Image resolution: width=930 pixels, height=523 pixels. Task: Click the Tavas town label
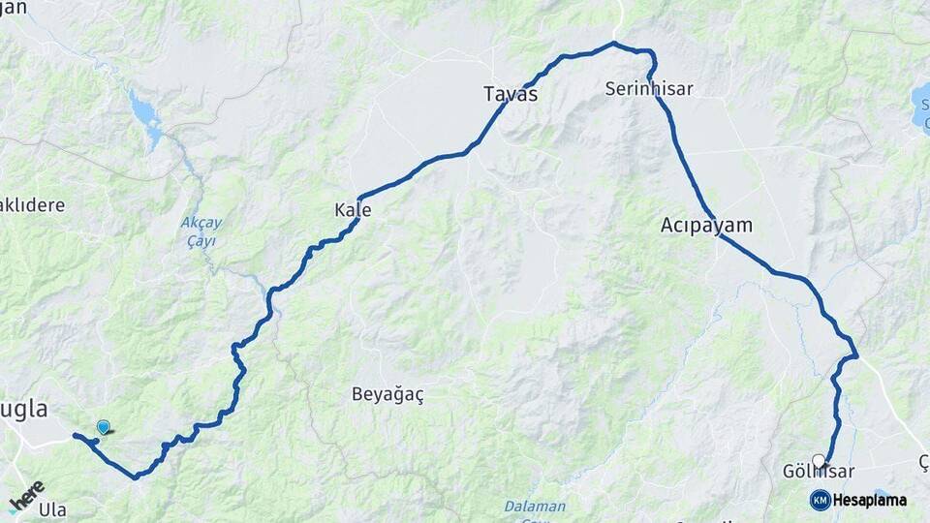click(511, 94)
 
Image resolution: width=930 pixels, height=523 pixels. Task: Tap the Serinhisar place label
click(649, 88)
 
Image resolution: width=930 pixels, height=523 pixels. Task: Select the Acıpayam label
click(706, 226)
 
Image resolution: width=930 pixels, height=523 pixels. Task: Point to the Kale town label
click(353, 210)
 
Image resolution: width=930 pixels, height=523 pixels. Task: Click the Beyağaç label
click(387, 395)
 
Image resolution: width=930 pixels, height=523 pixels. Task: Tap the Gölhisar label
click(818, 473)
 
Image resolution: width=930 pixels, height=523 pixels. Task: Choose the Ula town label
click(52, 509)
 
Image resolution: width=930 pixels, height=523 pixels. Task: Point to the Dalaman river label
click(535, 507)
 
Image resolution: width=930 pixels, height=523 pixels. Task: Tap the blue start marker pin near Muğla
click(104, 426)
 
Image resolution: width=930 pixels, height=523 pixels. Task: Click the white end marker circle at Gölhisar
click(820, 461)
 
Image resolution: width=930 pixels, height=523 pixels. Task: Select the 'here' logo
click(26, 496)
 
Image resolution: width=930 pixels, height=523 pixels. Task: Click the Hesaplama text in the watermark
click(870, 501)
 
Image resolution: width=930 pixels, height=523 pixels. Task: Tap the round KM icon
click(821, 501)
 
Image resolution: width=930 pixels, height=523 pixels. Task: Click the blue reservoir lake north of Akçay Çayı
click(146, 115)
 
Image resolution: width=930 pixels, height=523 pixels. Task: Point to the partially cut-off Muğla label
click(23, 410)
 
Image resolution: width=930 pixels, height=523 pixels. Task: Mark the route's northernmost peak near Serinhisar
click(614, 43)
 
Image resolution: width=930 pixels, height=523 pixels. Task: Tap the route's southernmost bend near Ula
click(136, 477)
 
